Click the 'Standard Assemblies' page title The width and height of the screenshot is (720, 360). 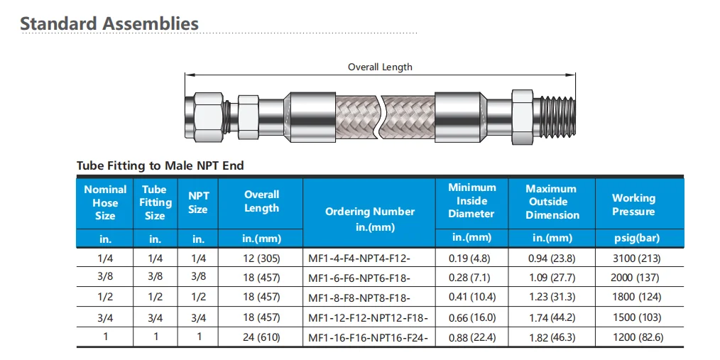pos(109,23)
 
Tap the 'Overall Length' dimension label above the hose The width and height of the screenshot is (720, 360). pos(380,67)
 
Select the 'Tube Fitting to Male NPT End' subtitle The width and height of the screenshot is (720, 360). pos(160,165)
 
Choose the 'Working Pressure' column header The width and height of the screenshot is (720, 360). pos(633,204)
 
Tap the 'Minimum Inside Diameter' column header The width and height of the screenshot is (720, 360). pos(472,201)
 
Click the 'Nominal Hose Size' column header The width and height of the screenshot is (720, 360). pos(105,202)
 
